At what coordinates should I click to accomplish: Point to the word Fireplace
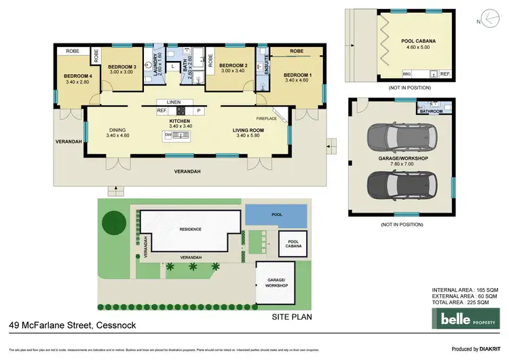(266, 118)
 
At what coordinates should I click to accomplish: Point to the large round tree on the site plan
(113, 221)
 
